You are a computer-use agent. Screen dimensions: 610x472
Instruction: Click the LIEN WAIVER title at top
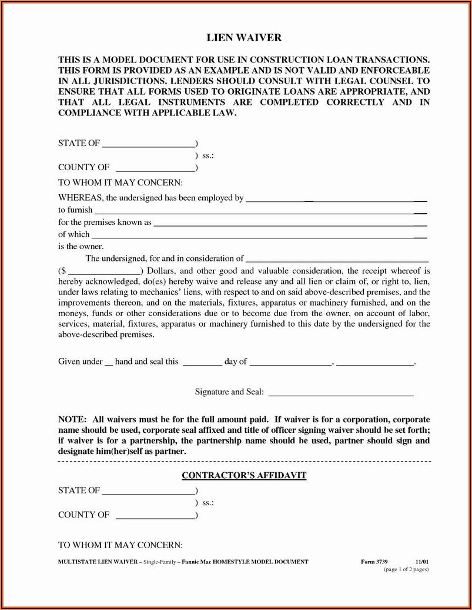[x=244, y=38]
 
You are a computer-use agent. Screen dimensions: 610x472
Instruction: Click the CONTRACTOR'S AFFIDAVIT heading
[x=244, y=475]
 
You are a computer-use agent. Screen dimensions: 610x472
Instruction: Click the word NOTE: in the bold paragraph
[x=72, y=420]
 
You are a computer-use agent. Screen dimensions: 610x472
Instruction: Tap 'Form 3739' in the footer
[x=374, y=562]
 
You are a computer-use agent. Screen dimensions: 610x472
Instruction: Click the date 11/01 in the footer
[x=422, y=562]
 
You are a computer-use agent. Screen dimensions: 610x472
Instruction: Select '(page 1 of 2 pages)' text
[x=406, y=570]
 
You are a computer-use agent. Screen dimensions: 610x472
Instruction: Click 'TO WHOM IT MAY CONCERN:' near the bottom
[x=120, y=545]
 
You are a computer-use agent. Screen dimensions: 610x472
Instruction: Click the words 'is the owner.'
[x=81, y=246]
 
